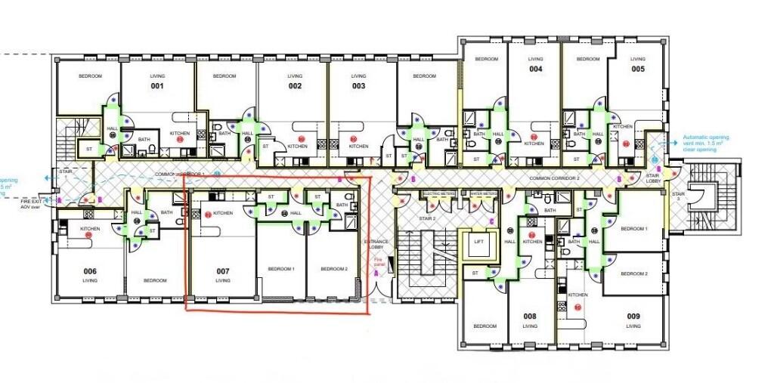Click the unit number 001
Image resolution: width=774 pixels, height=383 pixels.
click(157, 86)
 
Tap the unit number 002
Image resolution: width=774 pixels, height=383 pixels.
click(295, 86)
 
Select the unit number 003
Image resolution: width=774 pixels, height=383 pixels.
click(358, 86)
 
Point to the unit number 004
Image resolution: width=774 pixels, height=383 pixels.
click(535, 69)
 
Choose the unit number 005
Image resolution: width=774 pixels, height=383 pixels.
click(638, 69)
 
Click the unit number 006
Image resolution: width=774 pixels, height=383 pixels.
click(90, 270)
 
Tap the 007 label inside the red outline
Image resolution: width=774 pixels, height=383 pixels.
click(222, 270)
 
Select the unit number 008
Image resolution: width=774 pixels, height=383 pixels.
click(529, 317)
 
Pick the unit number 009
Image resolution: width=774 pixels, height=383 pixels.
click(633, 317)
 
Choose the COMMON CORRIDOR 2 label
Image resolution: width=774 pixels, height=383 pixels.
click(554, 178)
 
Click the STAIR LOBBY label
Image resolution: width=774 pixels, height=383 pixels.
click(653, 178)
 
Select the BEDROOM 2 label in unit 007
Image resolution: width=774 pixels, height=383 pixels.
click(333, 269)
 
